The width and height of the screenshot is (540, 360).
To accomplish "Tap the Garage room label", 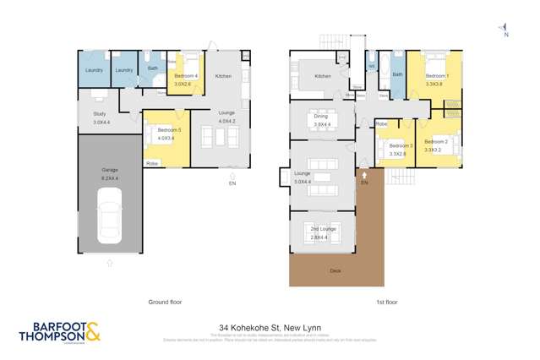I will [110, 170].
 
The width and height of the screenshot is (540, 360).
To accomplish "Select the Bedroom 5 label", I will [165, 129].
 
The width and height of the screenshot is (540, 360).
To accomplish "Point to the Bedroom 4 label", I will [186, 76].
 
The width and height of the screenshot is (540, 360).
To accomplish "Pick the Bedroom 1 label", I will [436, 76].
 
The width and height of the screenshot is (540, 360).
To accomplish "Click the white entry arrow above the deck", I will [364, 175].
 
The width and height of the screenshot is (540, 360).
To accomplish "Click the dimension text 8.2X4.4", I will [110, 177].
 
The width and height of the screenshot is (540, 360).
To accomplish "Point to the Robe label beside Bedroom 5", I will [153, 162].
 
